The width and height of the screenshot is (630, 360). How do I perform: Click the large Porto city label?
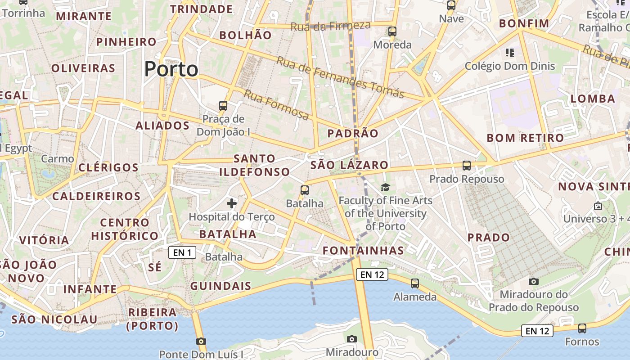[171, 69]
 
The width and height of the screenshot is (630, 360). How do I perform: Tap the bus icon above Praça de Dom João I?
[223, 106]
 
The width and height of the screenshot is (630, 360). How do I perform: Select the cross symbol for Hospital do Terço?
[232, 203]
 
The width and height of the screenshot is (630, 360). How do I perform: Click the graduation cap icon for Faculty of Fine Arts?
[385, 187]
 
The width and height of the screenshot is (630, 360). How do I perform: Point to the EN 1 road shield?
[182, 252]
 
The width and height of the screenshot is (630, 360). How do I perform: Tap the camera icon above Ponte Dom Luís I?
[201, 341]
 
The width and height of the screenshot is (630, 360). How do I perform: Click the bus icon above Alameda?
[415, 283]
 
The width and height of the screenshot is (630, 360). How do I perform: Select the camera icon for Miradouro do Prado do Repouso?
[534, 282]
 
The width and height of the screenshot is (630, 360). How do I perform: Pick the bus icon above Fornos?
[582, 328]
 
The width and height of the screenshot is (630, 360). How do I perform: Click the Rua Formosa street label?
[276, 105]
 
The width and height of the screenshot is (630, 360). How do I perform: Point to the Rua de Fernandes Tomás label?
[340, 77]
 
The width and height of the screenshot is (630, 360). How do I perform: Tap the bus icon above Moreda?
[392, 31]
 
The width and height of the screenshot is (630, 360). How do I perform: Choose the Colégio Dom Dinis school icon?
[510, 53]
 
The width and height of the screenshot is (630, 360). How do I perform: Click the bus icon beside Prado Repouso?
[467, 165]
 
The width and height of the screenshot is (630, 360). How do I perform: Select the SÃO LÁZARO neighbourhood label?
[349, 165]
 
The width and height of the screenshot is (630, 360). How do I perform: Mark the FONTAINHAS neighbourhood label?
[364, 250]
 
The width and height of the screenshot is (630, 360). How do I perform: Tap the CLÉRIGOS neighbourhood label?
[108, 167]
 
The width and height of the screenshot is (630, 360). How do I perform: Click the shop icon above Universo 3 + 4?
[598, 206]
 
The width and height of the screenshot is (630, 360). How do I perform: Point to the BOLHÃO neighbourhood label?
[245, 35]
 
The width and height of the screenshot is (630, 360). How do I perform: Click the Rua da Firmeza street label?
[330, 26]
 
